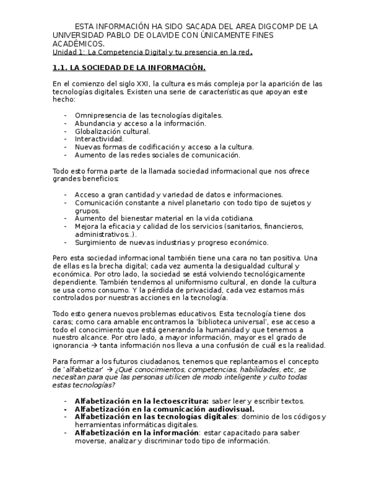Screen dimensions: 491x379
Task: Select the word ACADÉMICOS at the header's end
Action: coord(79,44)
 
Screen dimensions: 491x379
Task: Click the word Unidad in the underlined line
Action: coord(64,52)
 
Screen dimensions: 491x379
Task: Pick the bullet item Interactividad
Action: coord(99,139)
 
